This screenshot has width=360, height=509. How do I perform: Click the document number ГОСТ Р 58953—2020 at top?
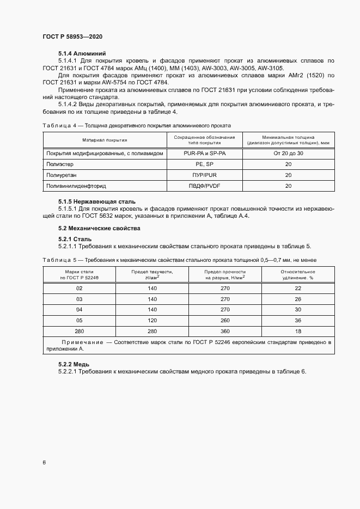point(72,36)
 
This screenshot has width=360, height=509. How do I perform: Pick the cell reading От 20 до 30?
point(288,154)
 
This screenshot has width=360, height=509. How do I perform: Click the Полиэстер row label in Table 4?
point(60,164)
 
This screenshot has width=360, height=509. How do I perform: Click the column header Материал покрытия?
point(105,140)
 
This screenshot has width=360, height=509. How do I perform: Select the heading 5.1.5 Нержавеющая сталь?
point(97,201)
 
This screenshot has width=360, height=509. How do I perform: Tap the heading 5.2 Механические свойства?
point(99,228)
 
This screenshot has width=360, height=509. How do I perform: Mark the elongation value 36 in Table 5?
point(297,321)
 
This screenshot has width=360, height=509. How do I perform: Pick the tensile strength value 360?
point(225,331)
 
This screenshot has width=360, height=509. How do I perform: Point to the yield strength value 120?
point(152,321)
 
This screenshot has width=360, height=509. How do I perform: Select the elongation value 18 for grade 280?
point(297,331)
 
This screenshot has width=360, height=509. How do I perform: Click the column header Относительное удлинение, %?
point(297,274)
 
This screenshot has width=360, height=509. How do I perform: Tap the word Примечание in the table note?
point(81,341)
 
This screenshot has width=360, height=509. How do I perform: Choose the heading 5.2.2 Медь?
point(74,364)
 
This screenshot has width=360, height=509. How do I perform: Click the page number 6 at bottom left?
point(44,462)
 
